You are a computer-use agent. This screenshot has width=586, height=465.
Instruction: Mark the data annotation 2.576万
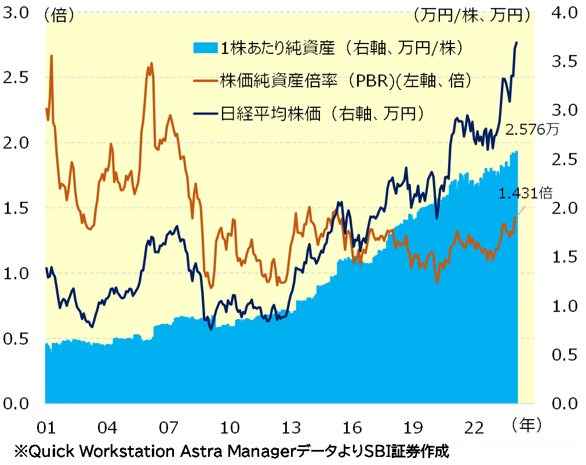pos(532,130)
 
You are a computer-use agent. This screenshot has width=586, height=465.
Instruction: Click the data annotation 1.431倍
pos(526,194)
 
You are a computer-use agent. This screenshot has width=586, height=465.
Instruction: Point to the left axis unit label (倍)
pos(59,16)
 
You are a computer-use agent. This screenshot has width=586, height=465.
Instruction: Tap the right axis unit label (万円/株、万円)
pos(473,16)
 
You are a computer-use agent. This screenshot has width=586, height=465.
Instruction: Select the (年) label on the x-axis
pos(526,426)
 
